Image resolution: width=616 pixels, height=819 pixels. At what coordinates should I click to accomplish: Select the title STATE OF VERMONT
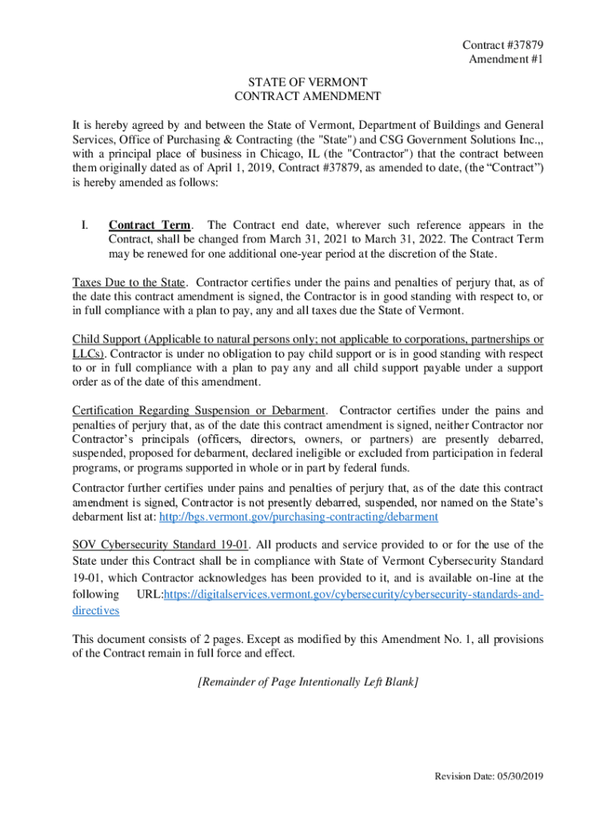pyautogui.click(x=308, y=82)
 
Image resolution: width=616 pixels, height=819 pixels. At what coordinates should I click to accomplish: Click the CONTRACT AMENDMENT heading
pyautogui.click(x=308, y=97)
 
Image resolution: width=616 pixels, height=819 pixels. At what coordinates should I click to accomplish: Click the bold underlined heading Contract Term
pyautogui.click(x=150, y=226)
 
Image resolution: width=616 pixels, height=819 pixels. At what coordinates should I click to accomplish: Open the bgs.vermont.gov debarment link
pyautogui.click(x=298, y=517)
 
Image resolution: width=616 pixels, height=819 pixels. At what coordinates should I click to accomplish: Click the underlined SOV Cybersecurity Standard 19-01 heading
pyautogui.click(x=161, y=545)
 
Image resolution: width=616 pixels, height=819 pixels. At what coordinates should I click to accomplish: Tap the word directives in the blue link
pyautogui.click(x=96, y=610)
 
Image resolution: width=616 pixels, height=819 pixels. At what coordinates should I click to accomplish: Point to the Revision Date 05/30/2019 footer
pyautogui.click(x=488, y=777)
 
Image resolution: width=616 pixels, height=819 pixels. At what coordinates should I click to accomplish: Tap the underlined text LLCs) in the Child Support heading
pyautogui.click(x=89, y=353)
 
